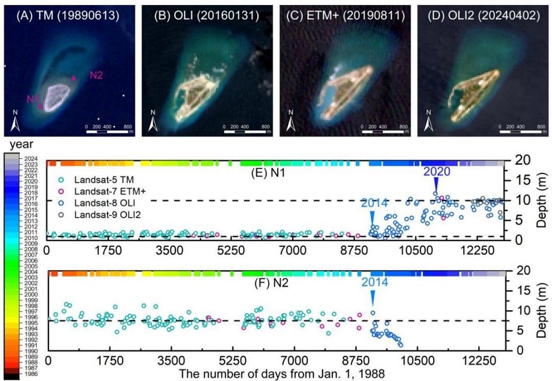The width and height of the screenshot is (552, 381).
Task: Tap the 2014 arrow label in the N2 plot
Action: (x=375, y=282)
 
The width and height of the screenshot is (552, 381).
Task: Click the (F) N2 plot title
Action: (x=263, y=287)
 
